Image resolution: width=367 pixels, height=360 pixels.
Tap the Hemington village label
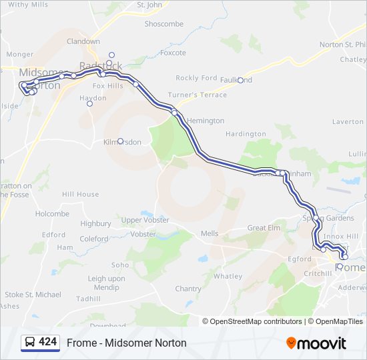point(206,121)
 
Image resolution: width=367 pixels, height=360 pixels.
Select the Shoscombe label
point(163,24)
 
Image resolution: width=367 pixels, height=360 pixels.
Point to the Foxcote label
point(173,53)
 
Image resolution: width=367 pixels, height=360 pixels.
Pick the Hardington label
point(246,134)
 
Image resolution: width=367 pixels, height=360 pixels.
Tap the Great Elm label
point(264,228)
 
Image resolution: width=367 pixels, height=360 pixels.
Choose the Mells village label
point(210,233)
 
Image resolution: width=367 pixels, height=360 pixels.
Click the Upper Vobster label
point(145,220)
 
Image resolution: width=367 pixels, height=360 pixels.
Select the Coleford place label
point(93,239)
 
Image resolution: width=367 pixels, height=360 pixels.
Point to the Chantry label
point(188,289)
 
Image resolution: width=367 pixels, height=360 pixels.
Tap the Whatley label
point(228,276)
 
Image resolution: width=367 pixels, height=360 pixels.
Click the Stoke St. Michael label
point(33,295)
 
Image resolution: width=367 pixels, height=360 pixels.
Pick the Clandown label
point(83,41)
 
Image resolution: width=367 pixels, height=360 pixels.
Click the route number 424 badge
point(47,342)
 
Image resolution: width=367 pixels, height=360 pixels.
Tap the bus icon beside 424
point(30,343)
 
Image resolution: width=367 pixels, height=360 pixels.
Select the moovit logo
point(316,343)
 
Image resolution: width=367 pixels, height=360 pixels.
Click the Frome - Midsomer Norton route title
point(126,343)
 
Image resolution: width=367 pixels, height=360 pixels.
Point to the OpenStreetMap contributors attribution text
point(253,321)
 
